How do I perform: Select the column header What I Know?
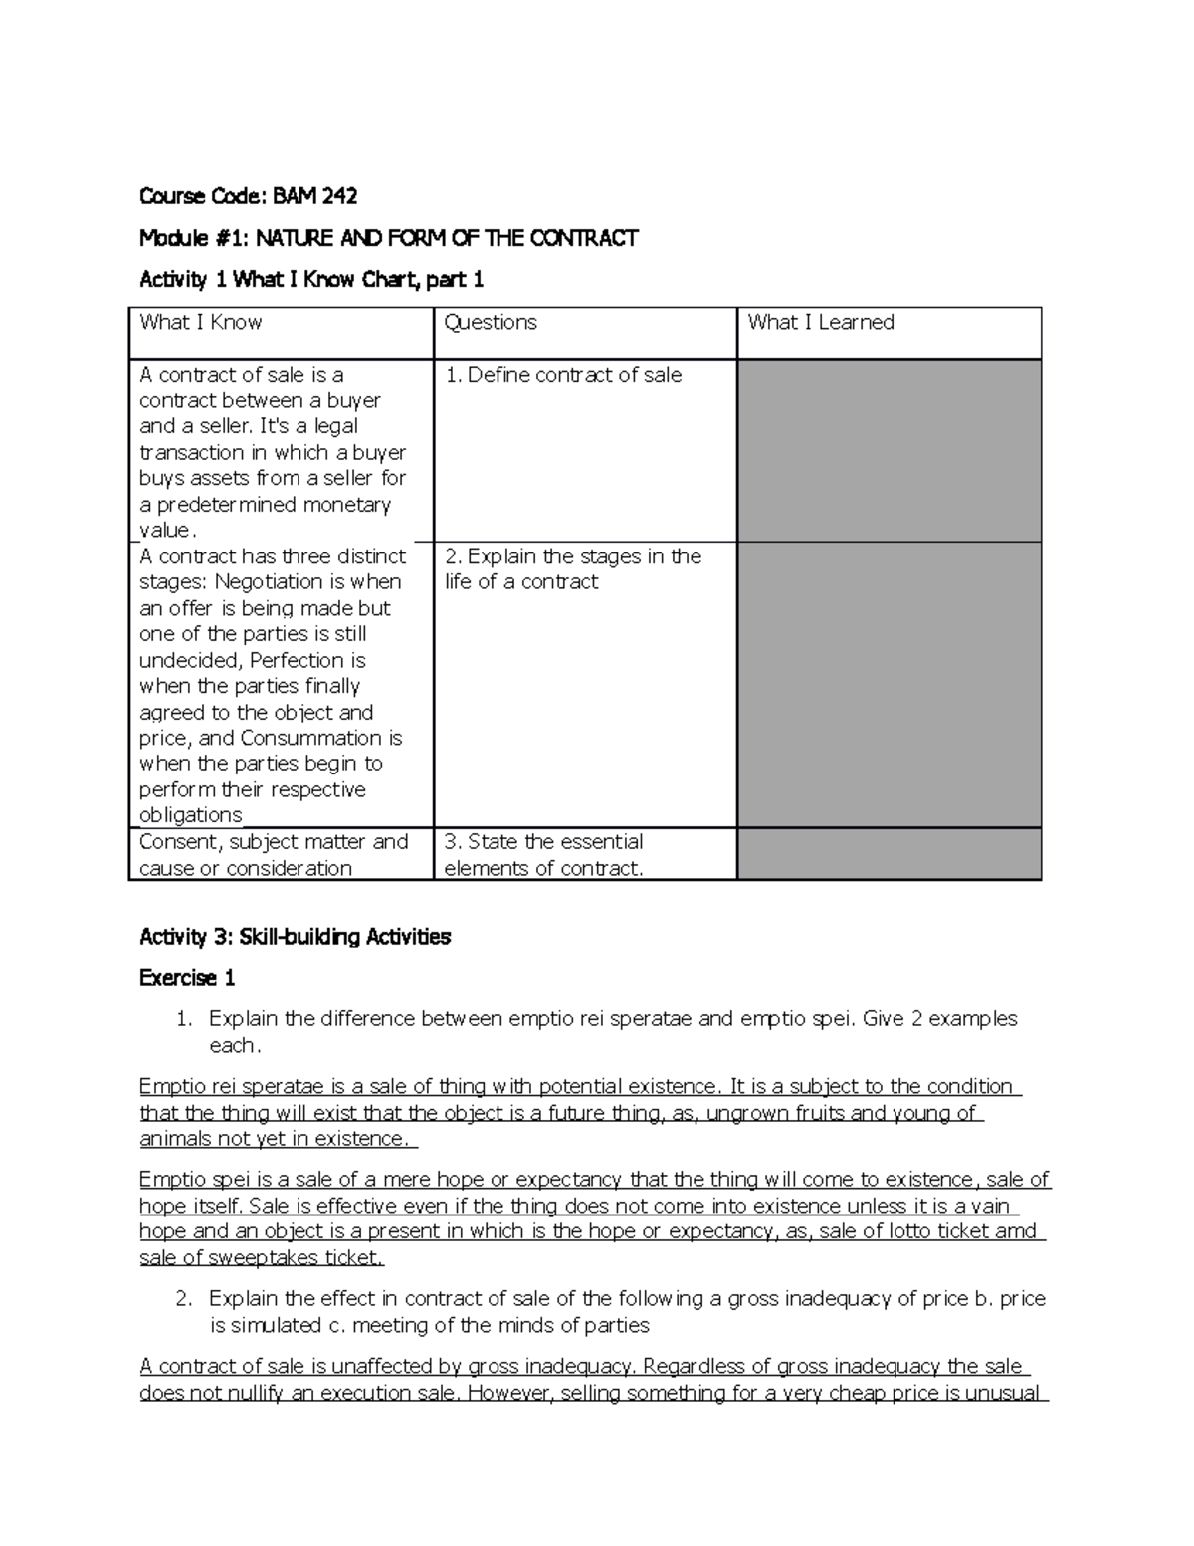(201, 322)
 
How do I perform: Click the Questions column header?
(491, 322)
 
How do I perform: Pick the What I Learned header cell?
(821, 322)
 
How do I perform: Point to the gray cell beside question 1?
(889, 450)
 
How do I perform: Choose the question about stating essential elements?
(543, 854)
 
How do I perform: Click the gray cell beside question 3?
(889, 854)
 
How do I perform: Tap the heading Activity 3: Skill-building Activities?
(296, 937)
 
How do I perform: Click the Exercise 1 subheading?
(187, 978)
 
